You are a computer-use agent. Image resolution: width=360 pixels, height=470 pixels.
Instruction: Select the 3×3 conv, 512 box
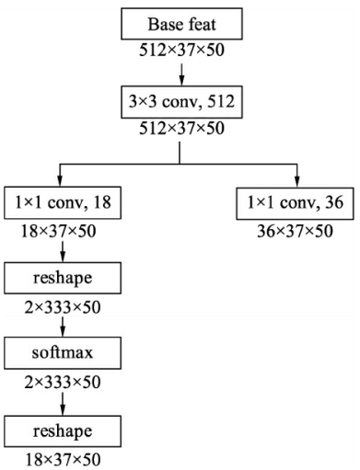point(180,101)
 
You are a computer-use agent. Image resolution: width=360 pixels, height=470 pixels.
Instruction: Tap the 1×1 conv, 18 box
point(62,201)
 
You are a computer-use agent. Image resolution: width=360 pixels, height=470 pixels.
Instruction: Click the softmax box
point(62,352)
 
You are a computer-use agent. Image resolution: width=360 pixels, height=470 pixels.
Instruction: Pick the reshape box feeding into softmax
point(62,277)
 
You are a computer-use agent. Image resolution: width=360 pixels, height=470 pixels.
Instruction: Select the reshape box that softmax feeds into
point(62,428)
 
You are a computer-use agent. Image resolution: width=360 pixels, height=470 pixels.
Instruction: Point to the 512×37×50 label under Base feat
point(180,48)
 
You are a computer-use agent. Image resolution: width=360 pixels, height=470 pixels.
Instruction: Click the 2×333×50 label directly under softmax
point(62,378)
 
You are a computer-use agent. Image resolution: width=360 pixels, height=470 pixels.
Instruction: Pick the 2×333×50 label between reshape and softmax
point(62,303)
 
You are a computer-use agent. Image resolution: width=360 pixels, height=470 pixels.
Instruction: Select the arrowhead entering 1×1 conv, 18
point(62,178)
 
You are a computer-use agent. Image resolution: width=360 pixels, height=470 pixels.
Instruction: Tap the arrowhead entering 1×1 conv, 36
point(297,178)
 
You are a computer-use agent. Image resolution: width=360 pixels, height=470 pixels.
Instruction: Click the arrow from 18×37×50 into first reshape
point(62,249)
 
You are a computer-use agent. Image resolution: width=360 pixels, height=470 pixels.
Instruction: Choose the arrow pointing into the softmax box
point(62,326)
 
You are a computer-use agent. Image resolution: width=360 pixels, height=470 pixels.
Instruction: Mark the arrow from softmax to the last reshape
point(62,401)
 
